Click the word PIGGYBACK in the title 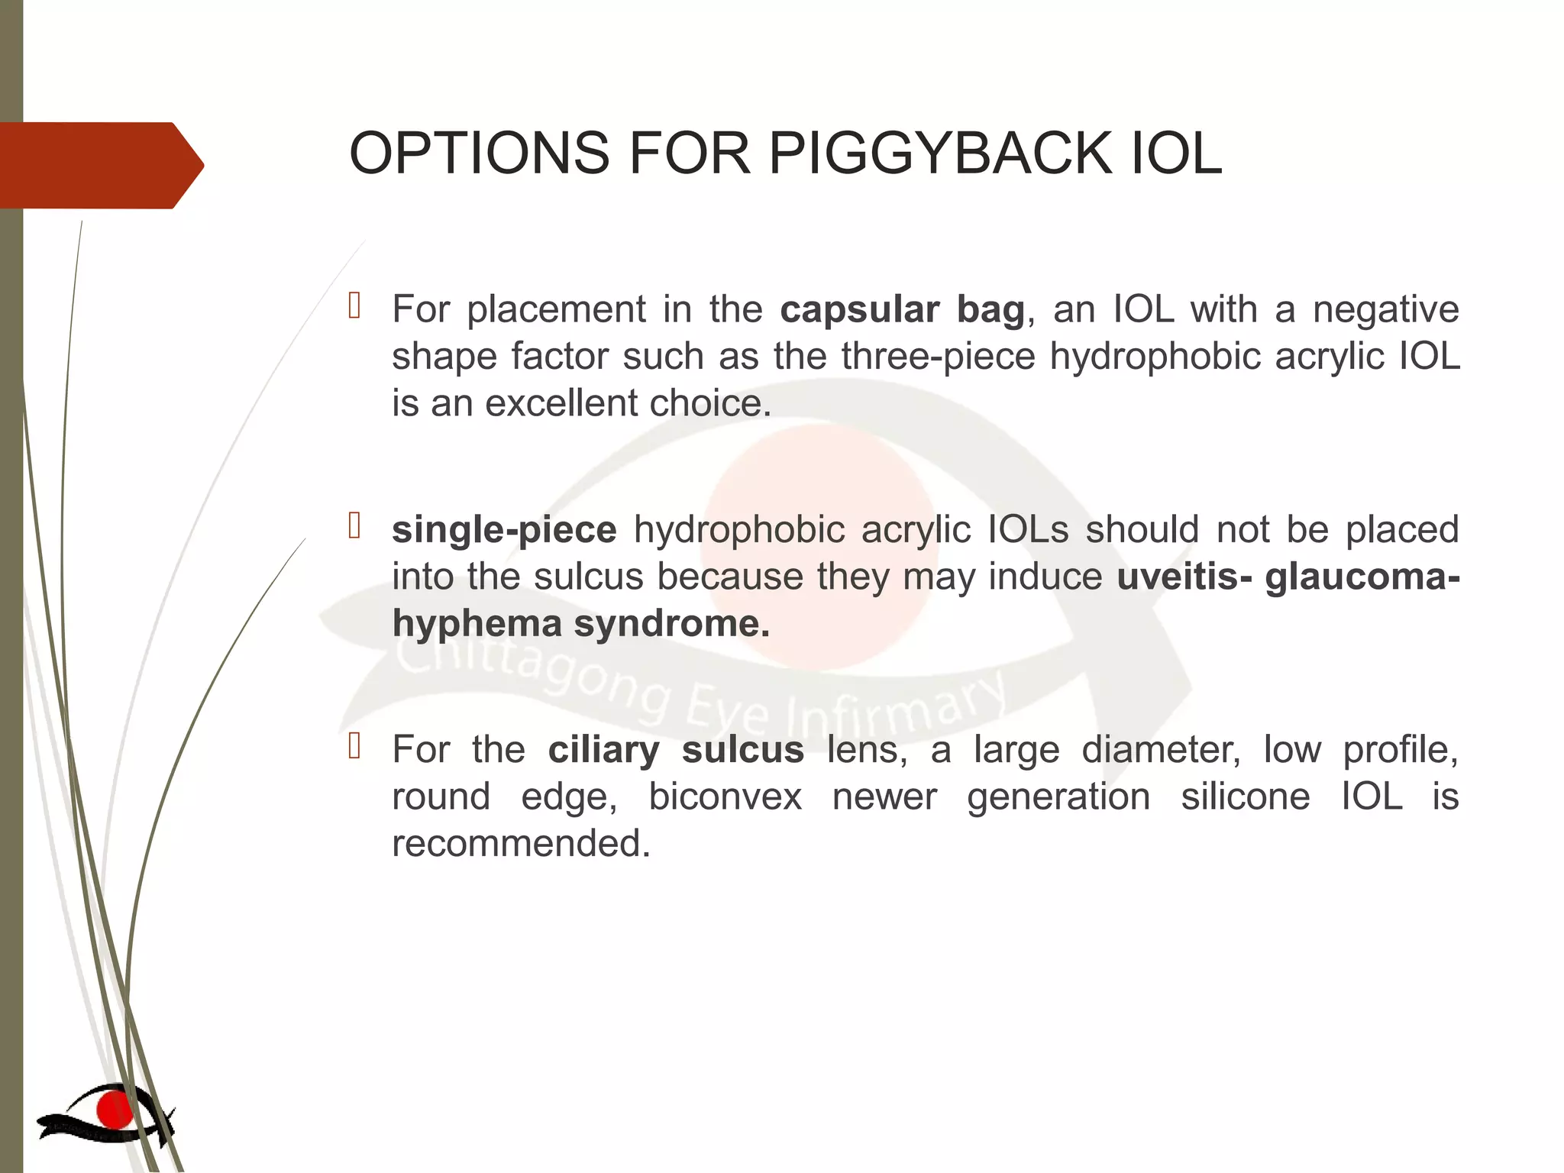click(x=940, y=153)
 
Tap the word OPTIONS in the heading click(x=479, y=153)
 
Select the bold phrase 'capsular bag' click(x=902, y=310)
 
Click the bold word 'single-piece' click(x=504, y=530)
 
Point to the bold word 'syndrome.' click(x=672, y=624)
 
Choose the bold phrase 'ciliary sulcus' click(x=676, y=750)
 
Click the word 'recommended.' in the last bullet click(x=521, y=844)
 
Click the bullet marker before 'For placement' click(x=354, y=305)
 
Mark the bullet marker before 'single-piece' click(x=354, y=525)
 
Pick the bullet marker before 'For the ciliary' click(x=354, y=745)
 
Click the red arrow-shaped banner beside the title click(x=99, y=165)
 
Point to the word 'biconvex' click(x=725, y=797)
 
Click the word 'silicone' click(x=1246, y=797)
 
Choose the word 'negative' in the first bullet click(x=1385, y=310)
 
